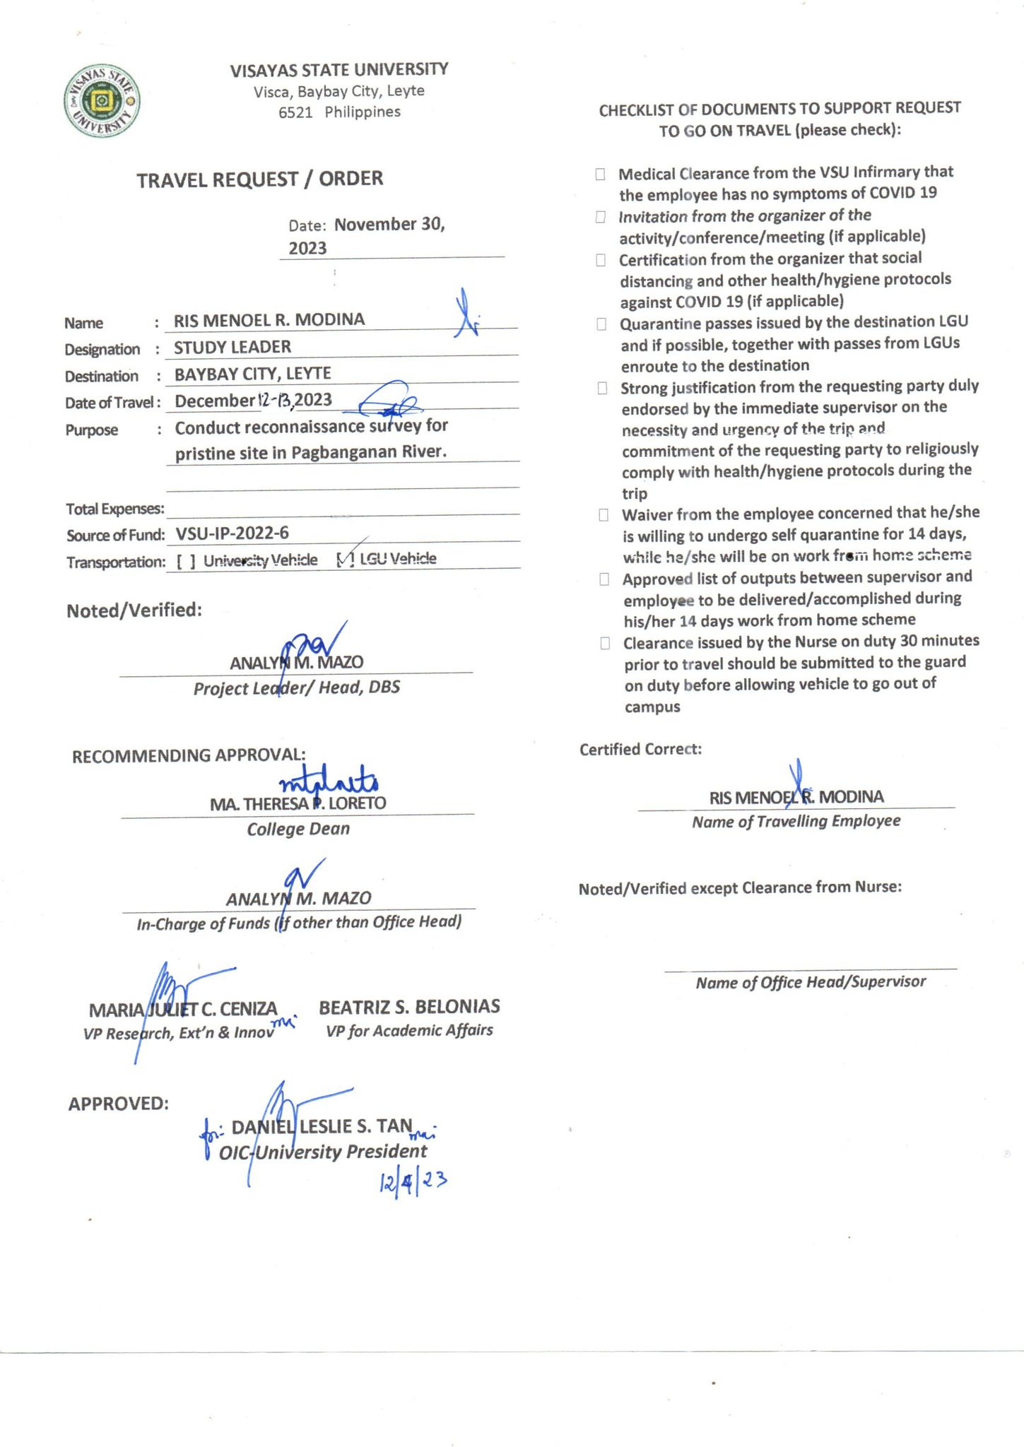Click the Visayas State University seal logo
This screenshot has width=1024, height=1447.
coord(102,101)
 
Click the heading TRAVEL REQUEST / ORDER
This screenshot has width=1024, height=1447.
coord(260,179)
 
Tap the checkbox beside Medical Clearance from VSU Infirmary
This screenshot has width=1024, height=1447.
coord(600,174)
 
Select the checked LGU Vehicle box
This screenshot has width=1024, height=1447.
coord(346,560)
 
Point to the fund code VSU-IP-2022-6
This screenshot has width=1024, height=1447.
coord(232,533)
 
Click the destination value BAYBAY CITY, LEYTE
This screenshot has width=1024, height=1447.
coord(253,374)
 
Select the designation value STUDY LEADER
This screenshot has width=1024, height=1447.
coord(233,347)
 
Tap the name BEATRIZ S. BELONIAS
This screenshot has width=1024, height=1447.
coord(409,1006)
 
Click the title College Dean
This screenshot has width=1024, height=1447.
coord(298,829)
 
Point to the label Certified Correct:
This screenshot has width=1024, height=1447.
coord(640,749)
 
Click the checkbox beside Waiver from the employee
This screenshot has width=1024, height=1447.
coord(604,514)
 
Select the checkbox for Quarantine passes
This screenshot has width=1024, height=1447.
coord(601,324)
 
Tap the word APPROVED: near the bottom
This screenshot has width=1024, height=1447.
coord(119,1104)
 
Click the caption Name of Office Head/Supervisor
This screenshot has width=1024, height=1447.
coord(811,982)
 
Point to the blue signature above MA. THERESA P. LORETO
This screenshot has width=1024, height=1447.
coord(330,781)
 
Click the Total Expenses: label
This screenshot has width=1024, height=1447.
coord(115,509)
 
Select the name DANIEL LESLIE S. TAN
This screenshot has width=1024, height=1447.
coord(322,1126)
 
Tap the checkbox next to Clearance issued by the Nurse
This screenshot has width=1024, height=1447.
coord(605,643)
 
